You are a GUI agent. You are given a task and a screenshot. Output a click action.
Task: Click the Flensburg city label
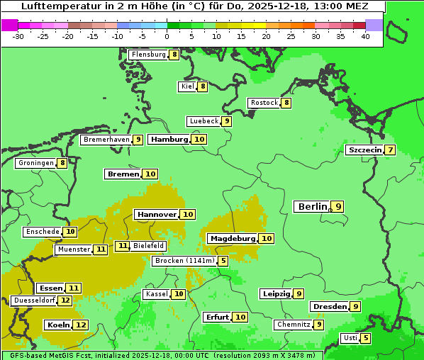pyautogui.click(x=148, y=55)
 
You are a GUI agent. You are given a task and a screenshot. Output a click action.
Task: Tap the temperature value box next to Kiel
pyautogui.click(x=202, y=86)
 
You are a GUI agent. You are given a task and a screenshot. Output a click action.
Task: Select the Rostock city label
pyautogui.click(x=264, y=103)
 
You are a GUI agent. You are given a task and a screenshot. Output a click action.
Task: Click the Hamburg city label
pyautogui.click(x=169, y=139)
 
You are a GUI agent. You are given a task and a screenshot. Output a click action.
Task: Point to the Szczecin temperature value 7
pyautogui.click(x=390, y=150)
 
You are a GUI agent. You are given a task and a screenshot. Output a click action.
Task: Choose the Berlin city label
pyautogui.click(x=312, y=207)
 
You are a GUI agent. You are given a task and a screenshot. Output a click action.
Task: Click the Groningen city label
pyautogui.click(x=36, y=163)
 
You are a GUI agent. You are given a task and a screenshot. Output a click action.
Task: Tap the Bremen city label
pyautogui.click(x=123, y=174)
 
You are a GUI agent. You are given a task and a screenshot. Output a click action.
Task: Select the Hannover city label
pyautogui.click(x=157, y=214)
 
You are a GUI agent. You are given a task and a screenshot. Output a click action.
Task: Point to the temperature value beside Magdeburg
pyautogui.click(x=266, y=239)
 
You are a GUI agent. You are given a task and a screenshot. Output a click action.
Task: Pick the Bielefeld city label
pyautogui.click(x=148, y=246)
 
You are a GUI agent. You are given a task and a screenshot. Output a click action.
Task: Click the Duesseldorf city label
pyautogui.click(x=34, y=300)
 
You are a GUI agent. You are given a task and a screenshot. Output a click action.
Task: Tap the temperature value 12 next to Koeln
pyautogui.click(x=81, y=325)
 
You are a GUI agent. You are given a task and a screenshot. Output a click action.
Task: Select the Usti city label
pyautogui.click(x=350, y=338)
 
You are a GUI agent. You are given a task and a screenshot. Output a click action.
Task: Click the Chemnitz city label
pyautogui.click(x=294, y=325)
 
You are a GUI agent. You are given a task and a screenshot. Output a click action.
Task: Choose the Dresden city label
pyautogui.click(x=329, y=307)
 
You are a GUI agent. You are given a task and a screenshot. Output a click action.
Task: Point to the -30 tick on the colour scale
pyautogui.click(x=19, y=35)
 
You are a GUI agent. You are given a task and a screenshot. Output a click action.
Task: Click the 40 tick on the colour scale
pyautogui.click(x=365, y=35)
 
